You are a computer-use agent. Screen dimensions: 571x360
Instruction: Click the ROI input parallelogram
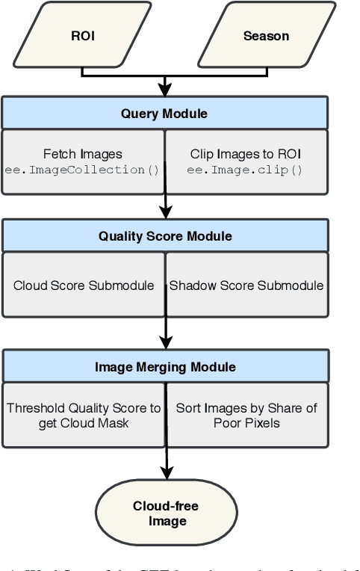(x=83, y=36)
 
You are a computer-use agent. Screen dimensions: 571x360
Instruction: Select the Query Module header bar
(x=165, y=114)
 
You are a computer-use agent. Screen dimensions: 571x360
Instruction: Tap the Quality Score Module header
(x=165, y=236)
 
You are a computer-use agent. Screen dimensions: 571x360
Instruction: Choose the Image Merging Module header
(x=165, y=367)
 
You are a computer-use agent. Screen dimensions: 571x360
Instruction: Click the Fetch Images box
(x=83, y=161)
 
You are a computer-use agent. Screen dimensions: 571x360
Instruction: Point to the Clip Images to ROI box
(x=246, y=161)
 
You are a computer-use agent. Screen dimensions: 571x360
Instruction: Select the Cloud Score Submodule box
(x=83, y=285)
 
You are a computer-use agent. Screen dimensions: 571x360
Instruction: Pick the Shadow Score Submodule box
(x=246, y=285)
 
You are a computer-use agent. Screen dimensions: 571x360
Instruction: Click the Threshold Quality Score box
(x=83, y=416)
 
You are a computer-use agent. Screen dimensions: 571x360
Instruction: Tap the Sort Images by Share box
(x=246, y=416)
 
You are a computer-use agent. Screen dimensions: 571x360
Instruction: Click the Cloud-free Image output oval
(x=166, y=513)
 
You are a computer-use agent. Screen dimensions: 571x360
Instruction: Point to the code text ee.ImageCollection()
(x=83, y=170)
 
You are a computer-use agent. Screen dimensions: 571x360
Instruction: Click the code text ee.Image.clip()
(x=244, y=170)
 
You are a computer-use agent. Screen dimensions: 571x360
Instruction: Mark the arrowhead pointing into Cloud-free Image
(x=166, y=474)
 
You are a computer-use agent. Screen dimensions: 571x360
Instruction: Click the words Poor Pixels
(x=246, y=423)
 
